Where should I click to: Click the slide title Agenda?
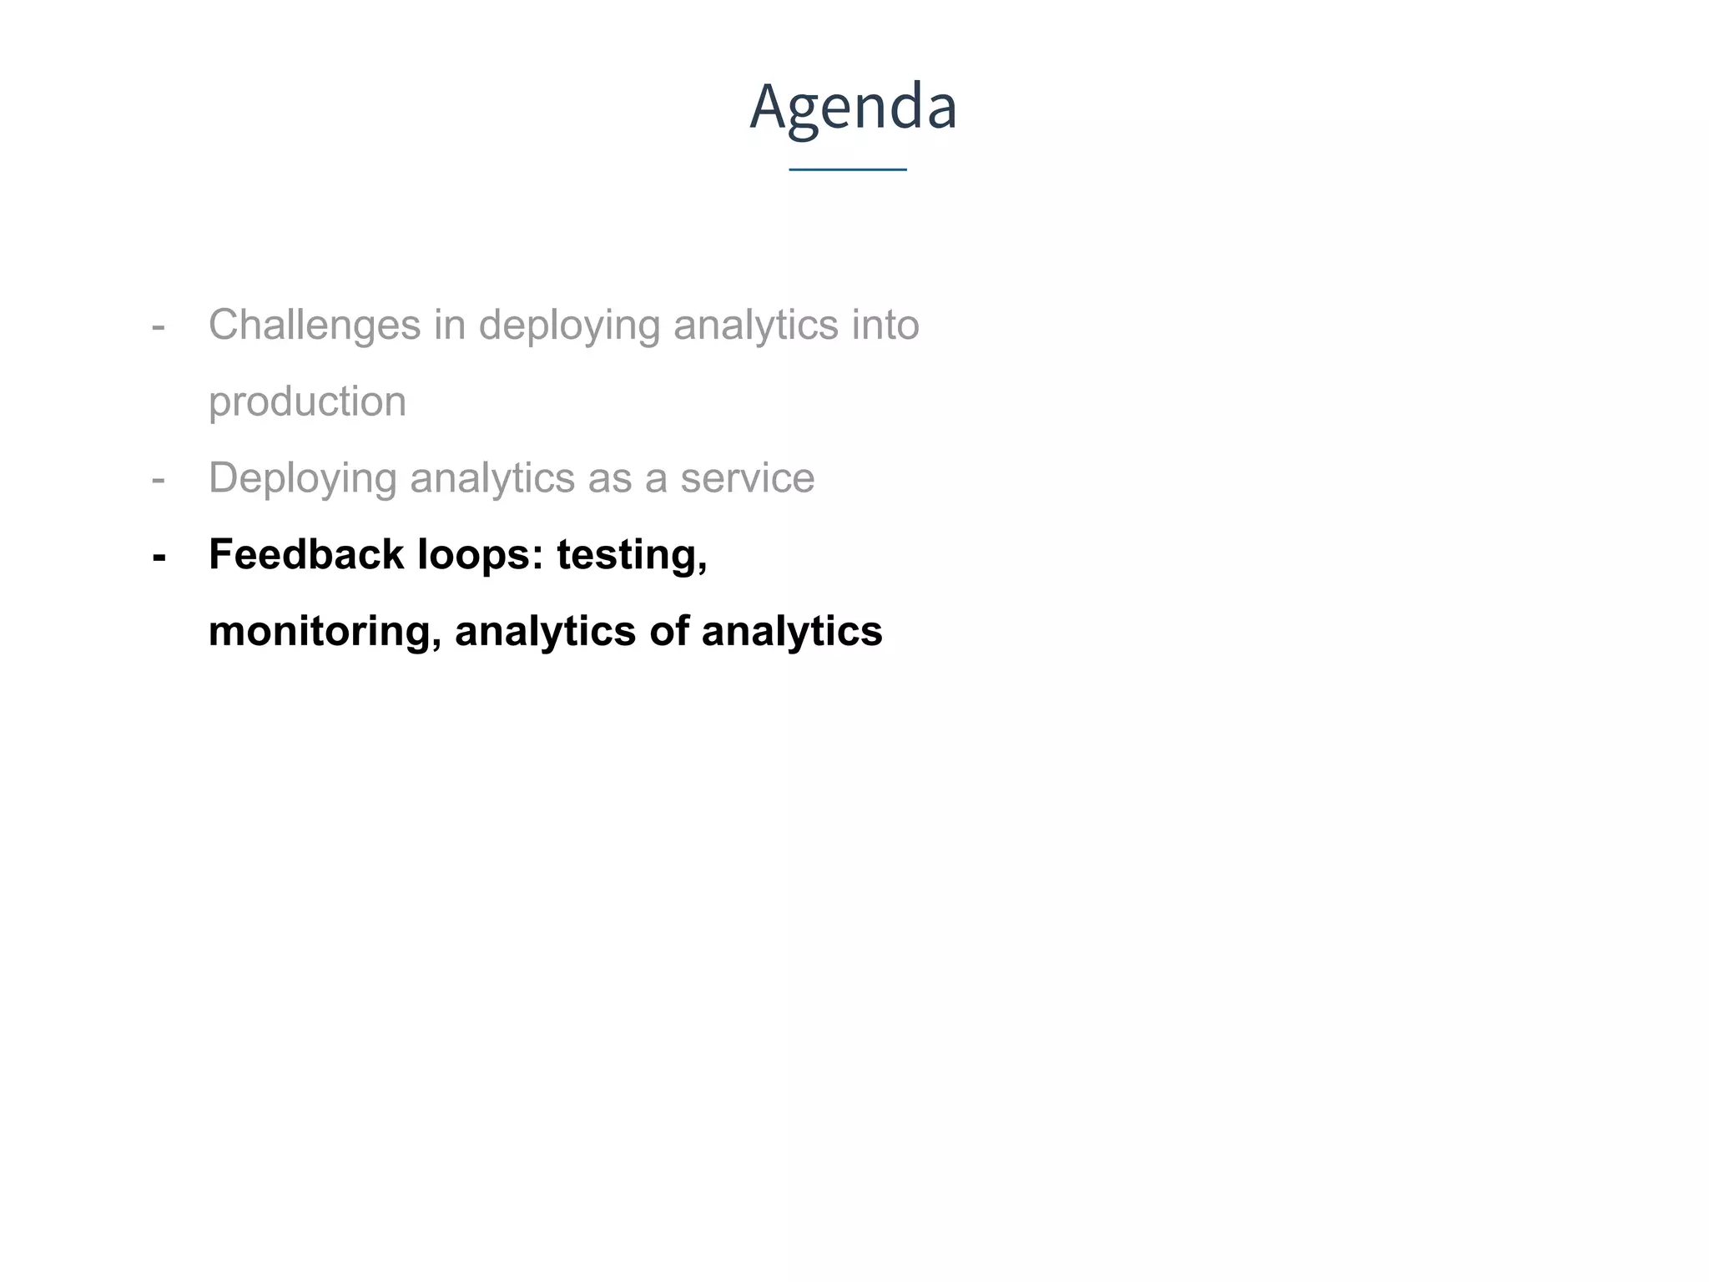coord(853,107)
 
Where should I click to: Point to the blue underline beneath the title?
coord(848,170)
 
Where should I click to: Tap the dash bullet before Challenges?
coord(159,326)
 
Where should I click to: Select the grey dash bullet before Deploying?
coord(159,479)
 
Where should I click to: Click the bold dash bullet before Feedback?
coord(159,556)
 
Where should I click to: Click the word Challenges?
coord(314,326)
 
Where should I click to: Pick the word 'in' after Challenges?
coord(449,326)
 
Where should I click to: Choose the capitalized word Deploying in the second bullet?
coord(302,479)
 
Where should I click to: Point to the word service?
coord(747,479)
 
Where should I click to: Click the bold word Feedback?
coord(305,555)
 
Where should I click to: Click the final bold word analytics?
coord(791,633)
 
